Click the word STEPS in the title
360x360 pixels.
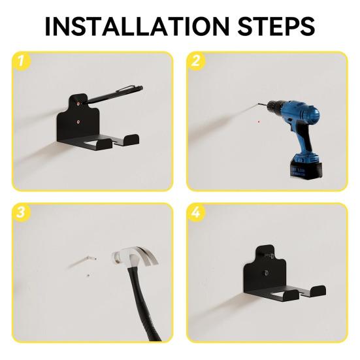[276, 26]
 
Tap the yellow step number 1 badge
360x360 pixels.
[21, 61]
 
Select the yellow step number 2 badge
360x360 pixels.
[195, 61]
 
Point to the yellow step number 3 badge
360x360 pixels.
[21, 212]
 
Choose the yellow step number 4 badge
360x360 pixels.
[195, 212]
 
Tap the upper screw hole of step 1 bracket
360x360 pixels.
[78, 104]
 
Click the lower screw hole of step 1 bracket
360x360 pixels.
[78, 122]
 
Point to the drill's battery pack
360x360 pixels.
[306, 167]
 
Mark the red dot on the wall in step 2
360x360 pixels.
[259, 122]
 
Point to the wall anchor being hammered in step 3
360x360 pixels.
[91, 259]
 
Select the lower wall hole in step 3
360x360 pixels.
[88, 275]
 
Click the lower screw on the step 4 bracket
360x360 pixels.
[266, 273]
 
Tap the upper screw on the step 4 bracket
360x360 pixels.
[269, 255]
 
